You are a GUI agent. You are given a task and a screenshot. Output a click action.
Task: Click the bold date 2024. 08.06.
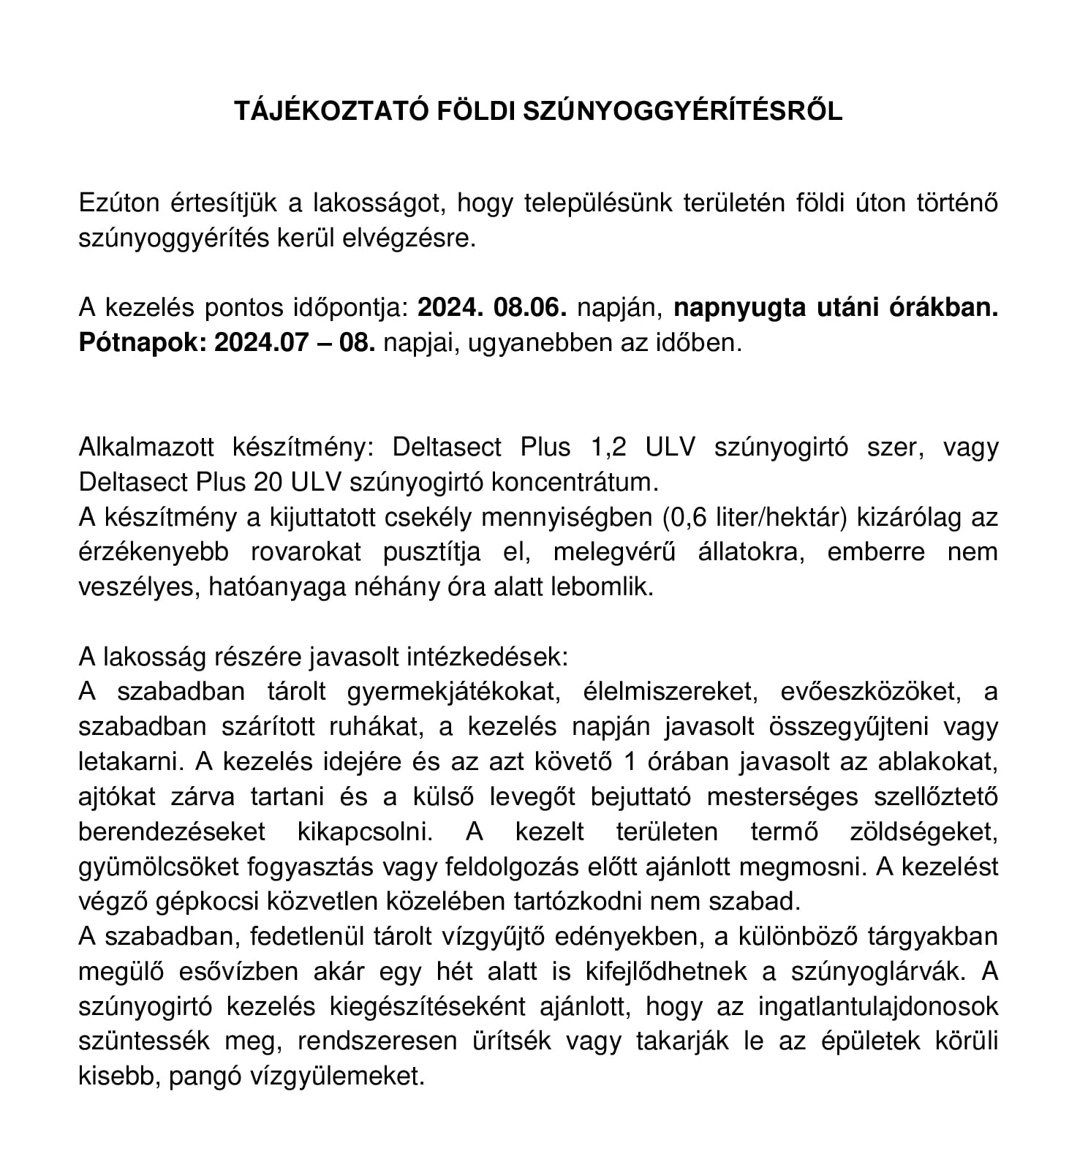point(492,308)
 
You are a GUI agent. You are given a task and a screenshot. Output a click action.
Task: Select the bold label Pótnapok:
point(143,343)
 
